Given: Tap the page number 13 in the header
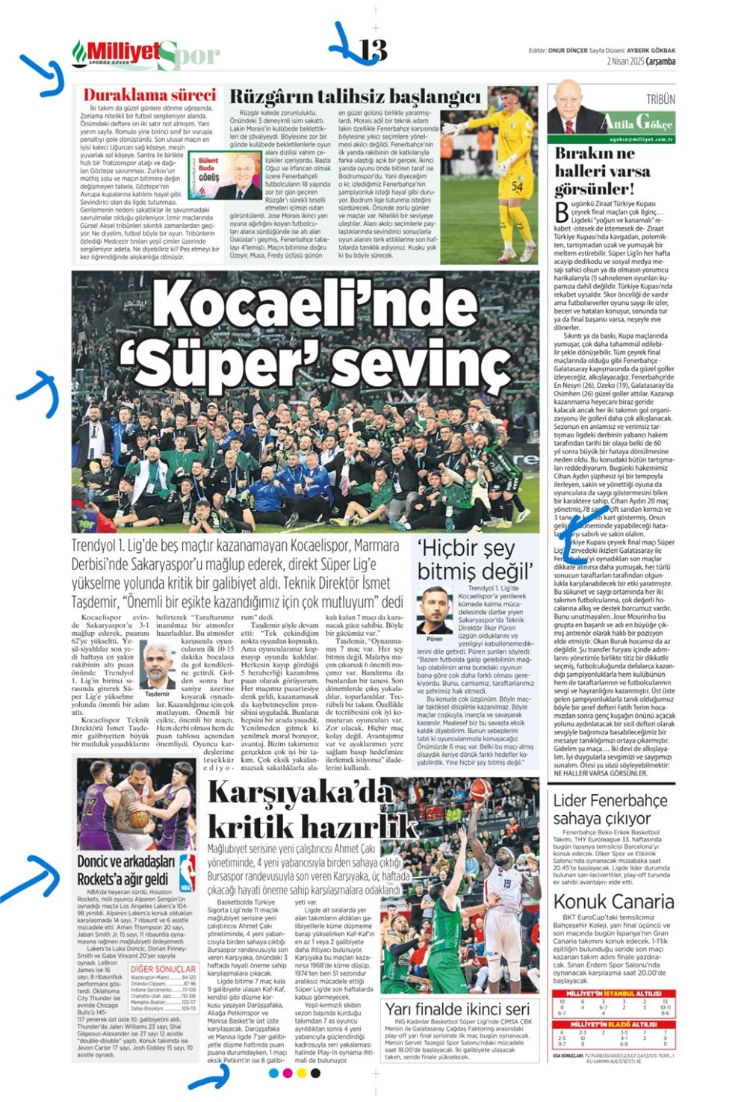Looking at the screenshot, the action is tap(373, 50).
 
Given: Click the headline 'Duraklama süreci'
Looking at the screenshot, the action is tap(149, 95).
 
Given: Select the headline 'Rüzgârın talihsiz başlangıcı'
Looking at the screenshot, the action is tap(355, 96).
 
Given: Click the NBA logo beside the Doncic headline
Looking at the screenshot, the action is tap(187, 873).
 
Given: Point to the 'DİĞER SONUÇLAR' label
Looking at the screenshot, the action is tap(163, 968).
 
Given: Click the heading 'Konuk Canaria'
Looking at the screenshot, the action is tap(613, 902).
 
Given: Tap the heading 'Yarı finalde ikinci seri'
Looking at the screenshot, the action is tap(457, 1009).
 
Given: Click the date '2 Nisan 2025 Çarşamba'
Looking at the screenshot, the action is tap(641, 62).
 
